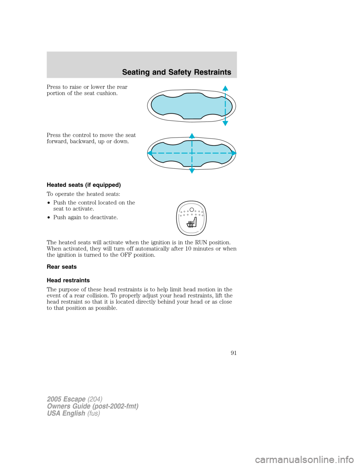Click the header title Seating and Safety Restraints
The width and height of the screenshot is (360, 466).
(x=177, y=72)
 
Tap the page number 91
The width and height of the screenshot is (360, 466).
(x=233, y=353)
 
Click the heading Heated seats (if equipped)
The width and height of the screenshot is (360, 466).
(x=84, y=185)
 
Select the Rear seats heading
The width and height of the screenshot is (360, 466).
(x=61, y=267)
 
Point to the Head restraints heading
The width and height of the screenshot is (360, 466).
(x=68, y=280)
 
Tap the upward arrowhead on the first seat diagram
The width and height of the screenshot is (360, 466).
(x=225, y=89)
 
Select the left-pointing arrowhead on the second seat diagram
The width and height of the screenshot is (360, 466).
(x=150, y=153)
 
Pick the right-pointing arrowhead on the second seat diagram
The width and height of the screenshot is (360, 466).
(x=234, y=153)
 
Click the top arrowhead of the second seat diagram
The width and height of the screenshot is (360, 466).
(x=192, y=135)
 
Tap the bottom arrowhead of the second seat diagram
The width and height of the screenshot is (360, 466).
(x=192, y=171)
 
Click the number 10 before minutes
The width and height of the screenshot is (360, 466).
(x=189, y=249)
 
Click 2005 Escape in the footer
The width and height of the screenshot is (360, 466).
(x=66, y=399)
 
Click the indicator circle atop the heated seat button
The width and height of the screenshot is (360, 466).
(x=192, y=209)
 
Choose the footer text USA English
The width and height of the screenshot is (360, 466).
(x=66, y=413)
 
